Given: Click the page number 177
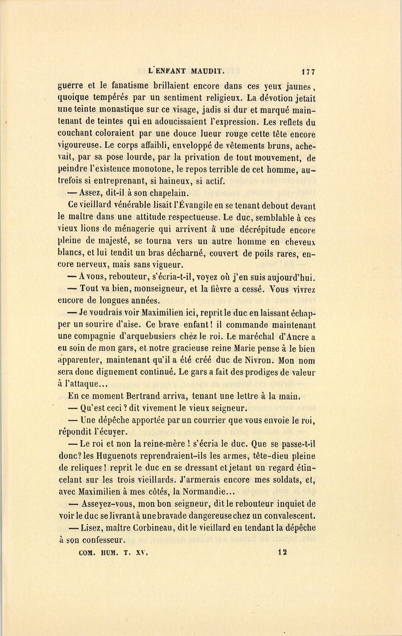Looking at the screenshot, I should click(308, 71).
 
